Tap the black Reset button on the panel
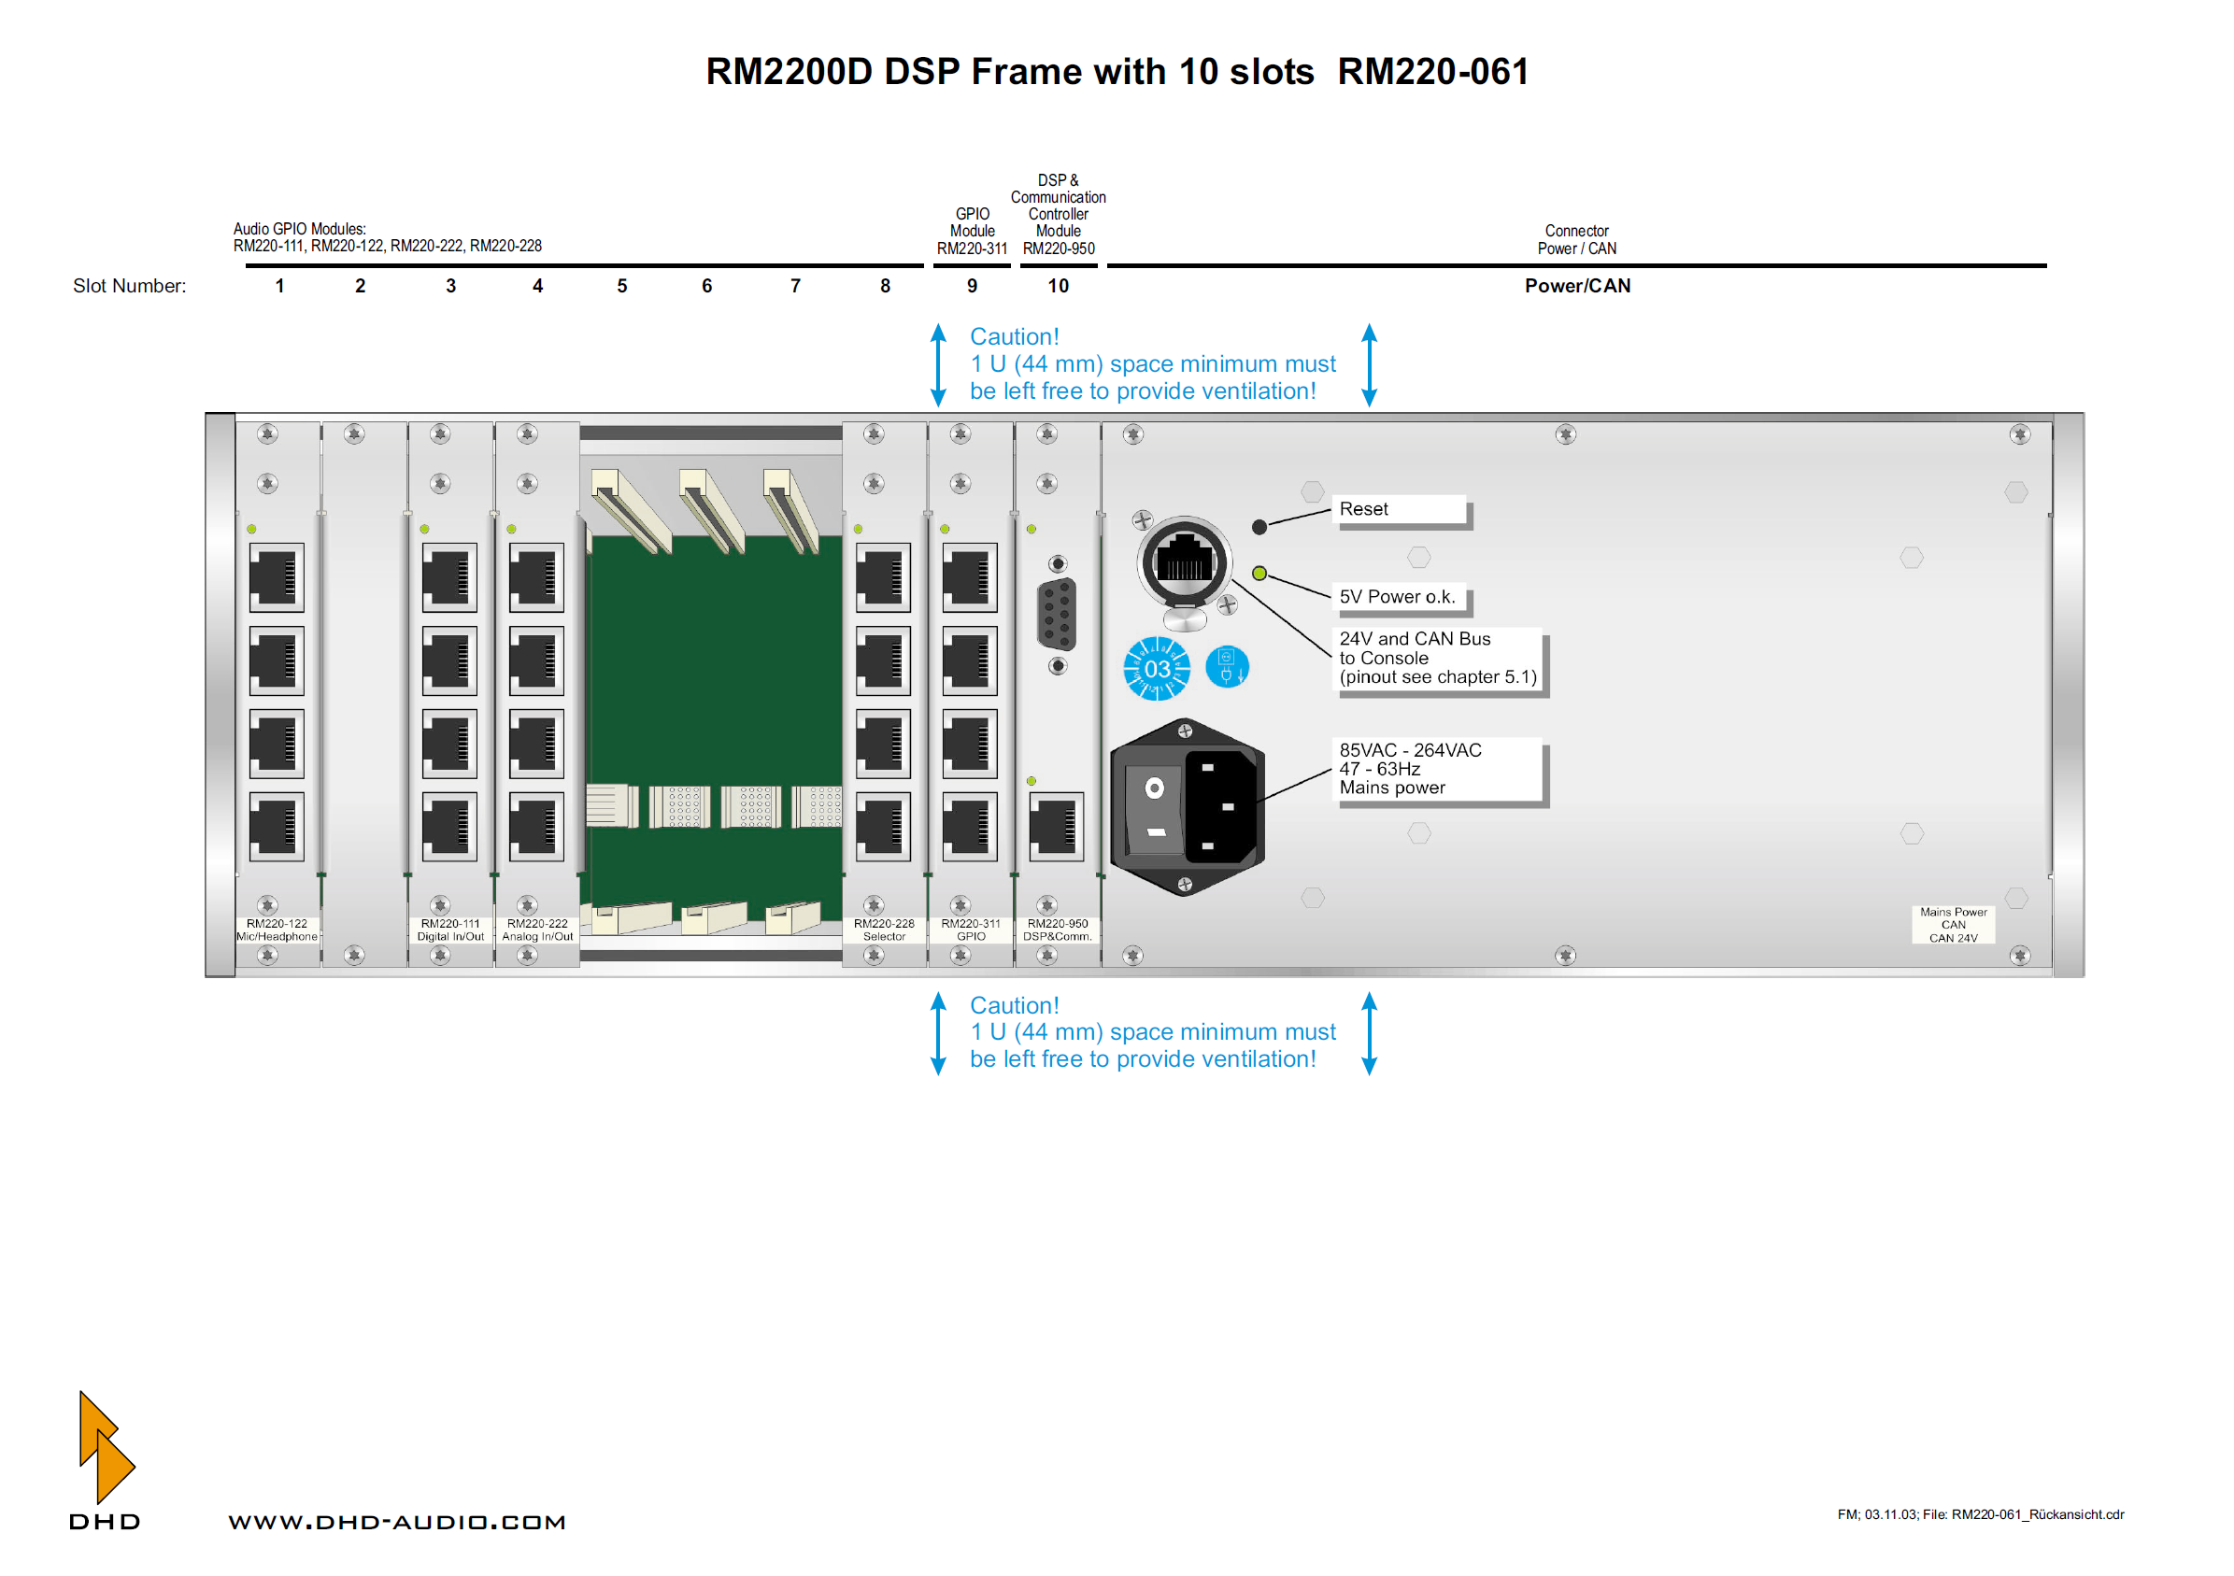1259,527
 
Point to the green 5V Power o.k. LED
1259,573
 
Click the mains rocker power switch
1154,808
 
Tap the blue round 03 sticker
1156,668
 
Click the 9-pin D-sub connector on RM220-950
1057,614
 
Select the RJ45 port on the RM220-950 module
1056,826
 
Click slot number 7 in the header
795,286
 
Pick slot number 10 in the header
1058,286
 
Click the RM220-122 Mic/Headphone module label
277,930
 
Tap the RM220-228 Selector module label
884,930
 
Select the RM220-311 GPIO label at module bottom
970,930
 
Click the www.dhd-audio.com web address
397,1523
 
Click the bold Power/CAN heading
1577,286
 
